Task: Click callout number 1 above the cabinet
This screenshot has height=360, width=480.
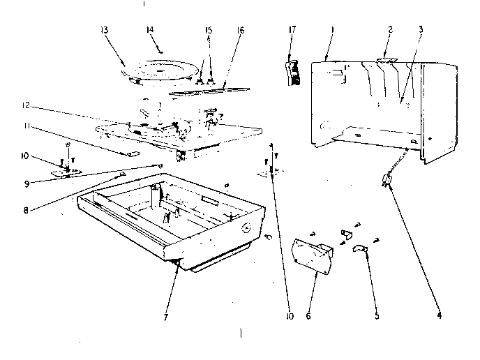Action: pyautogui.click(x=333, y=29)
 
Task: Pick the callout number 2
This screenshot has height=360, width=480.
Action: pyautogui.click(x=391, y=29)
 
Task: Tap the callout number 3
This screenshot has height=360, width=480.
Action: pyautogui.click(x=421, y=29)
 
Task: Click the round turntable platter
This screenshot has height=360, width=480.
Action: pyautogui.click(x=162, y=70)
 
